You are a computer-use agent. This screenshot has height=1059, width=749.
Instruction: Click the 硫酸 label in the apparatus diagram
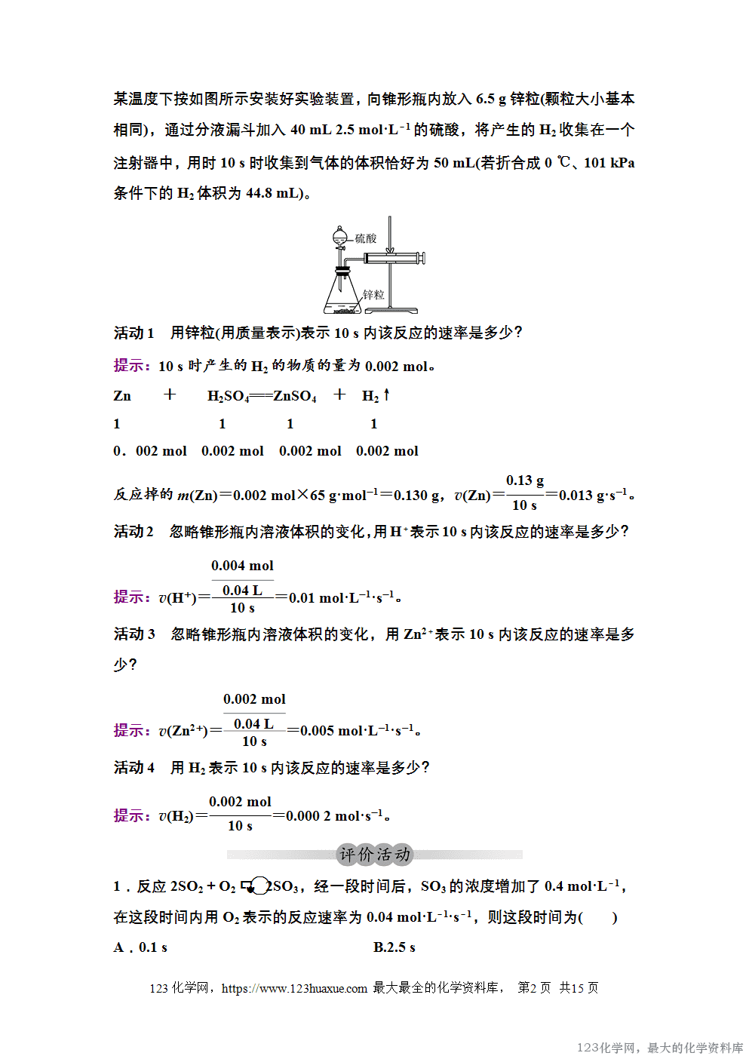pyautogui.click(x=366, y=238)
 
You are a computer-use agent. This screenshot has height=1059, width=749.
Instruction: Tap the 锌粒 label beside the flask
pyautogui.click(x=373, y=294)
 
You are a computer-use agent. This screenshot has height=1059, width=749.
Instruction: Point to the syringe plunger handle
pyautogui.click(x=421, y=258)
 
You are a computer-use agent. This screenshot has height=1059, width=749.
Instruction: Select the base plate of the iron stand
pyautogui.click(x=391, y=309)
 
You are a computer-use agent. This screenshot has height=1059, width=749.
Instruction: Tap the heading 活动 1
pyautogui.click(x=134, y=333)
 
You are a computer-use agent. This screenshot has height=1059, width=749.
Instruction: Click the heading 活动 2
pyautogui.click(x=134, y=532)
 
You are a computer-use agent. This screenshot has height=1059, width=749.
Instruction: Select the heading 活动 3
pyautogui.click(x=134, y=634)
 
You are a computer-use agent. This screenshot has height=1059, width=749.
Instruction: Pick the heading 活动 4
pyautogui.click(x=134, y=768)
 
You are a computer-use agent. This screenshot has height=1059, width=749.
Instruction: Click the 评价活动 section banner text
pyautogui.click(x=374, y=855)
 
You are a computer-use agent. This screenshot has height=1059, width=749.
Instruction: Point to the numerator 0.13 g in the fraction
pyautogui.click(x=525, y=480)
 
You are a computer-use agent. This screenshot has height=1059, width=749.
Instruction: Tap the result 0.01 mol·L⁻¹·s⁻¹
pyautogui.click(x=342, y=598)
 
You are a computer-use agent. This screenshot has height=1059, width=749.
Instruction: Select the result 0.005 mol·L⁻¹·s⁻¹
pyautogui.click(x=357, y=731)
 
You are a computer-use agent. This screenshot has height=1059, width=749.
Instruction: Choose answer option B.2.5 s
pyautogui.click(x=394, y=947)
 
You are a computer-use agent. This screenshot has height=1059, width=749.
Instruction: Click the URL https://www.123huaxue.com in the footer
pyautogui.click(x=294, y=988)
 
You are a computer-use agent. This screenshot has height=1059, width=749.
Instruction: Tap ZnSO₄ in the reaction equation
pyautogui.click(x=295, y=396)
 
